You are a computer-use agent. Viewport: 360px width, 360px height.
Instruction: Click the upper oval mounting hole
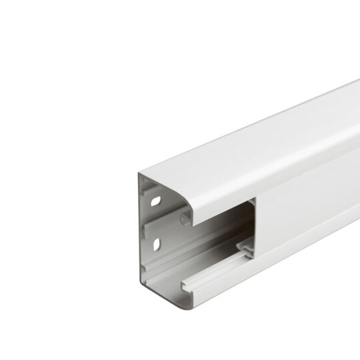(155, 199)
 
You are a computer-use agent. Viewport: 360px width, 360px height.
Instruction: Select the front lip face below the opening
(220, 293)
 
